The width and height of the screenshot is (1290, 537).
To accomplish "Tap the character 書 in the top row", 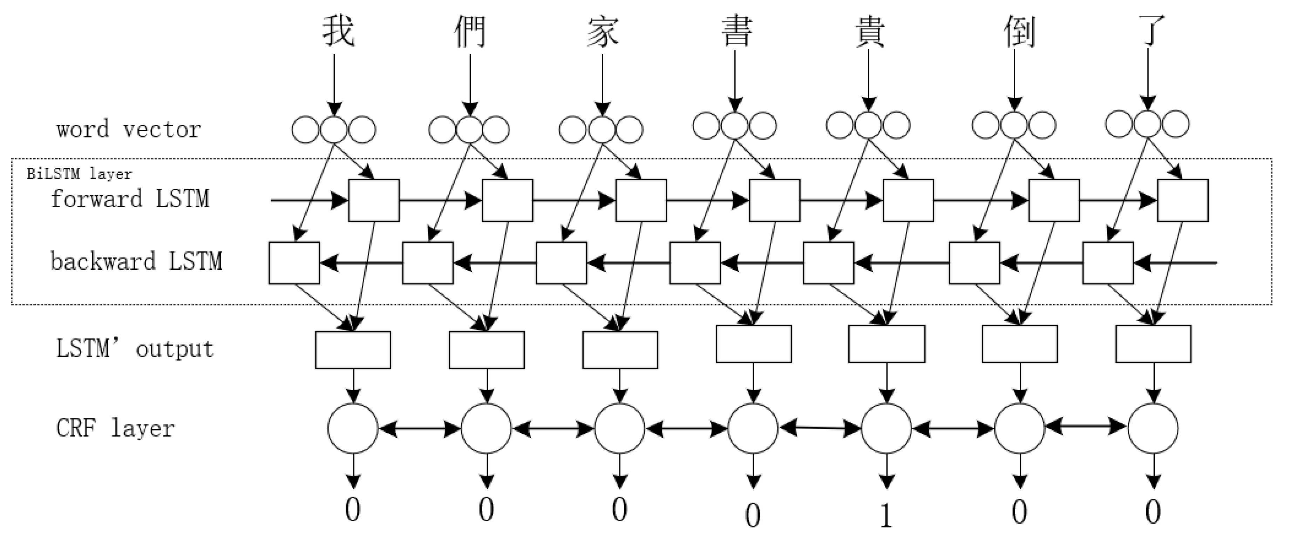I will click(x=736, y=31).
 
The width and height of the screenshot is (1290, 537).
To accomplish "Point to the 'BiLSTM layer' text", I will click(x=79, y=174).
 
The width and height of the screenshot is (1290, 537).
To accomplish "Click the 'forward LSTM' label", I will click(x=130, y=199).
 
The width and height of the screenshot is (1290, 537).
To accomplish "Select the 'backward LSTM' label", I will click(x=136, y=262).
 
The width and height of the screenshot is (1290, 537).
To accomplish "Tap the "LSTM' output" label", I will click(x=135, y=348).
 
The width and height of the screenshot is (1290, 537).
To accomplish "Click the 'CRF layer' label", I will click(x=115, y=428).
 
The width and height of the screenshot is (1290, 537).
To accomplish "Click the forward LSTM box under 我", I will click(x=374, y=200).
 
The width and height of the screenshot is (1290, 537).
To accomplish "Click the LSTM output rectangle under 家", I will click(x=620, y=350).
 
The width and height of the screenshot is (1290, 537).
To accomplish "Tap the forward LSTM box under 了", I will click(x=1182, y=200).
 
